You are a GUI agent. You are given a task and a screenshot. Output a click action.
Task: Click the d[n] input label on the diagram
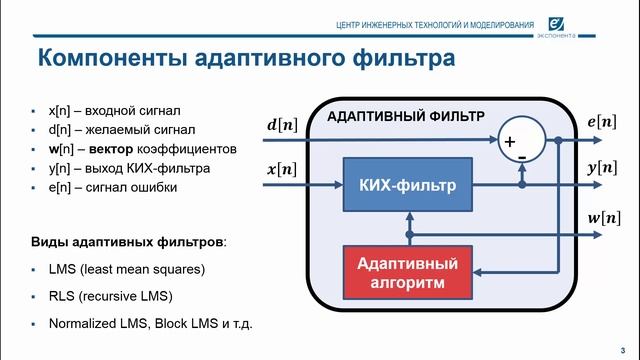(281, 126)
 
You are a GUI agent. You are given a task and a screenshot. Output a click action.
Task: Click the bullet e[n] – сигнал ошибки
(103, 186)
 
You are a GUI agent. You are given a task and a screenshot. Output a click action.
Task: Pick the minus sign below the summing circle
(521, 157)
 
